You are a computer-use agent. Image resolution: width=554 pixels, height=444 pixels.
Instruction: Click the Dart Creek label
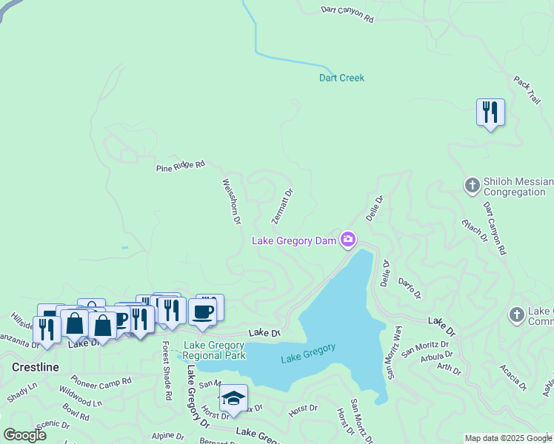(x=341, y=78)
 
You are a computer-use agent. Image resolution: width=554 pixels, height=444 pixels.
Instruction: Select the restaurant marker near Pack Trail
(x=490, y=113)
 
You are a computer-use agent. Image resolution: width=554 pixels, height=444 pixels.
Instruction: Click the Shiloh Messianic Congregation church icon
(x=473, y=186)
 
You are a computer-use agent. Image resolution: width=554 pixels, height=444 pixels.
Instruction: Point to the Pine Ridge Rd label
(x=180, y=167)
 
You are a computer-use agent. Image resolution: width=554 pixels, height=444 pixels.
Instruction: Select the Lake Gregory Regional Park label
(x=214, y=350)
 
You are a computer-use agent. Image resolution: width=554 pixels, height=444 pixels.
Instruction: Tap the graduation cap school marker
(x=233, y=399)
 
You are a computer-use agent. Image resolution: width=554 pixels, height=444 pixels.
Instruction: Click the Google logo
(x=24, y=435)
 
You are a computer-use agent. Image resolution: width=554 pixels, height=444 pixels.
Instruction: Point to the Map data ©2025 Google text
(x=508, y=438)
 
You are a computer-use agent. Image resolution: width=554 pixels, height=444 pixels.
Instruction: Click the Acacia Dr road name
(x=513, y=377)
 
